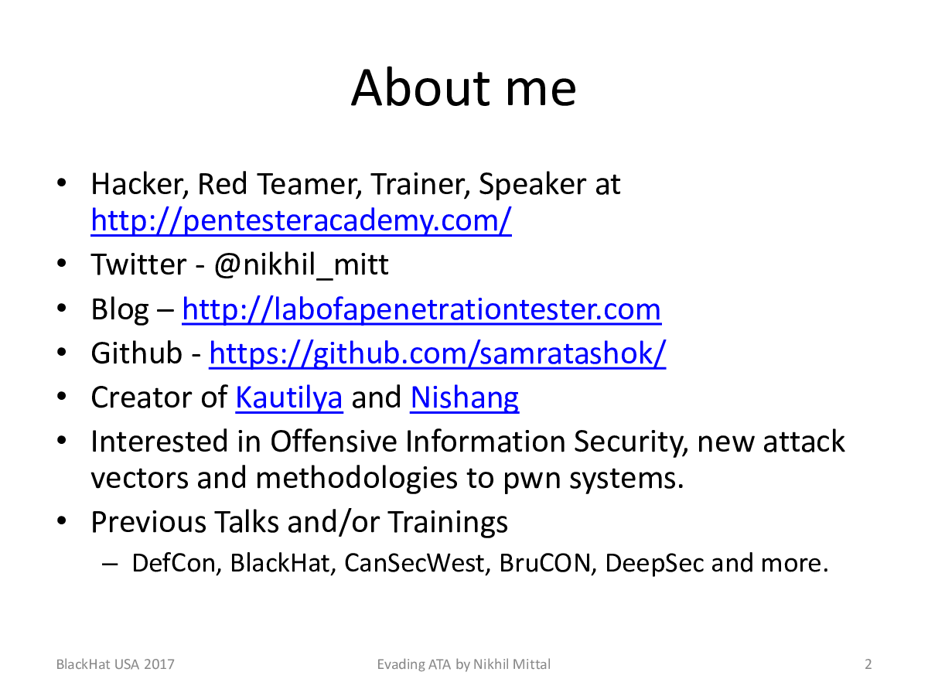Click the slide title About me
[463, 88]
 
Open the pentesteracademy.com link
[301, 220]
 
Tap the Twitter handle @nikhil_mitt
[301, 265]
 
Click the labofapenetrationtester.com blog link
[421, 309]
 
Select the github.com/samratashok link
[438, 353]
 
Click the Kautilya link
[289, 397]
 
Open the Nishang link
[464, 397]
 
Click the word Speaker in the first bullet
[532, 185]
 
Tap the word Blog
[120, 309]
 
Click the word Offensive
[333, 441]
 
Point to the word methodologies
[357, 479]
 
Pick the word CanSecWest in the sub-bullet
[415, 563]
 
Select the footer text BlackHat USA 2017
[115, 664]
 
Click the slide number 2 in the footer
[868, 664]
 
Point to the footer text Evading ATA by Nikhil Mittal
[464, 665]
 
